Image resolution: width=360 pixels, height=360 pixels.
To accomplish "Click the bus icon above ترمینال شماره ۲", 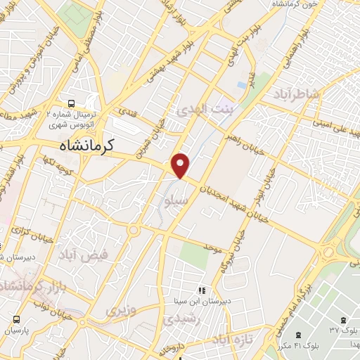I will click(72, 102).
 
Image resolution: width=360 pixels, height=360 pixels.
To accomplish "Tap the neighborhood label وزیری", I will click(118, 310).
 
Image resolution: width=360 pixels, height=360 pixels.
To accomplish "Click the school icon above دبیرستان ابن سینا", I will click(201, 289).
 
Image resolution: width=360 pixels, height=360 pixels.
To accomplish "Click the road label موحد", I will click(213, 248).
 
